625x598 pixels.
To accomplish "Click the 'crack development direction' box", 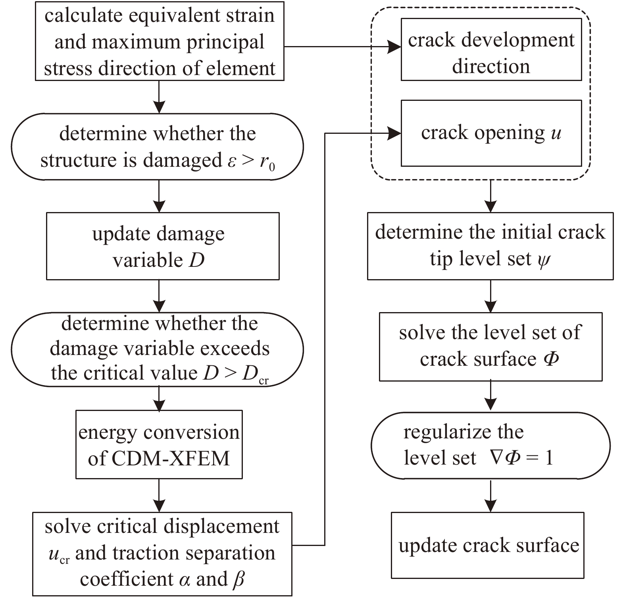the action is pyautogui.click(x=491, y=50).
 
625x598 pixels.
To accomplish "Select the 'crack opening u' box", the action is pyautogui.click(x=491, y=133).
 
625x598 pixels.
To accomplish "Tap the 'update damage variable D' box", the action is pyautogui.click(x=163, y=246).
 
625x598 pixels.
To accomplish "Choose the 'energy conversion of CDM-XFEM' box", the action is pyautogui.click(x=159, y=444).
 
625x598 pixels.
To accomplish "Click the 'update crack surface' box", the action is pyautogui.click(x=488, y=545).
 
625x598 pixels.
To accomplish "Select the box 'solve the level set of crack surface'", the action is pyautogui.click(x=491, y=347).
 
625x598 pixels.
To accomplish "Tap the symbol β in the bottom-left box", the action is pyautogui.click(x=238, y=579).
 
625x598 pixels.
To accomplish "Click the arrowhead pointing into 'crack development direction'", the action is pyautogui.click(x=394, y=47).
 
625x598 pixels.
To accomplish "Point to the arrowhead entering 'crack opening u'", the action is pyautogui.click(x=394, y=133).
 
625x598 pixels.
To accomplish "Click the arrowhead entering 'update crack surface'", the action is pyautogui.click(x=491, y=506).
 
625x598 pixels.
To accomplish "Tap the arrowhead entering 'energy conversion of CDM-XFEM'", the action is pyautogui.click(x=159, y=404).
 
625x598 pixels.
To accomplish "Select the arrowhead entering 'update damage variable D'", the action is pyautogui.click(x=159, y=206).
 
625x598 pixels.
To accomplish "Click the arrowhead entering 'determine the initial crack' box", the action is pyautogui.click(x=491, y=206).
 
